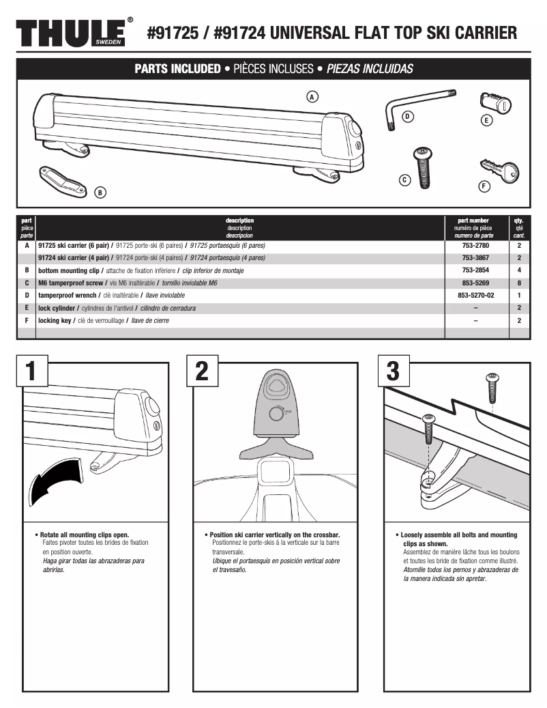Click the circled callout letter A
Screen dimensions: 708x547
point(312,96)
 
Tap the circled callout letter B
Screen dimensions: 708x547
point(100,193)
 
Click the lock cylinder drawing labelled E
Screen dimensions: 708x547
point(496,104)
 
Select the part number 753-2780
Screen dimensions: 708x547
point(475,245)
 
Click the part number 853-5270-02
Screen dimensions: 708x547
point(475,296)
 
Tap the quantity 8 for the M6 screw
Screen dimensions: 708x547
point(519,283)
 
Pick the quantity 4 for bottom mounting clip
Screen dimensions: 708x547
point(519,270)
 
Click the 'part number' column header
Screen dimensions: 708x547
point(475,221)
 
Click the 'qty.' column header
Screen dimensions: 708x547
point(519,221)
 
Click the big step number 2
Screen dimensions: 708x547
point(202,371)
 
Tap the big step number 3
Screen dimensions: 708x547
point(393,371)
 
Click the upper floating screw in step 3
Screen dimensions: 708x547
point(492,388)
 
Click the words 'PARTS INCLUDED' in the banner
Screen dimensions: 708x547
point(177,69)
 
